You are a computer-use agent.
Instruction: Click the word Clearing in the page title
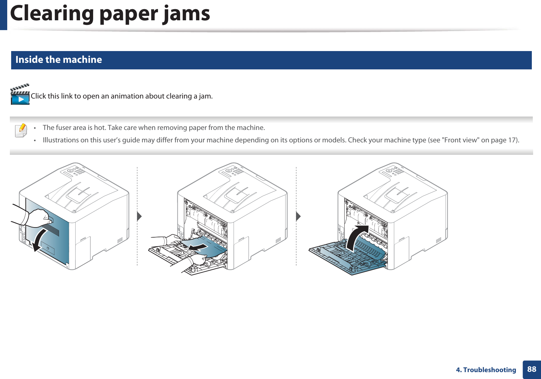[52, 14]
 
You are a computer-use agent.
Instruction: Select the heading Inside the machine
[59, 60]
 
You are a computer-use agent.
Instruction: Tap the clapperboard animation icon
[20, 95]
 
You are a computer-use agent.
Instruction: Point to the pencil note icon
[21, 130]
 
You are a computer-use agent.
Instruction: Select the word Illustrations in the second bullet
[60, 140]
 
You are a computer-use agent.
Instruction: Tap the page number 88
[531, 369]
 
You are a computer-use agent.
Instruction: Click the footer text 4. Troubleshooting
[486, 370]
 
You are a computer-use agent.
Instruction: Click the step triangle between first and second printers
[139, 216]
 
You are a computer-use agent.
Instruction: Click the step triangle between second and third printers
[298, 216]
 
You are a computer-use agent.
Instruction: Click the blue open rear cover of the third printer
[348, 257]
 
